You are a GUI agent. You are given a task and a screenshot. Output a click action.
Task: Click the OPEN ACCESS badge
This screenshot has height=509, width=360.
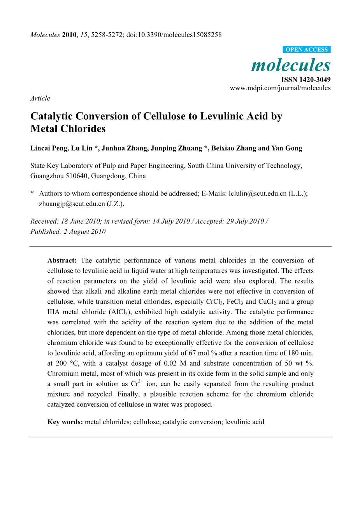pyautogui.click(x=307, y=50)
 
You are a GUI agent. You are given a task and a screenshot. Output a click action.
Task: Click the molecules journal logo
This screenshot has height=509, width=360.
pyautogui.click(x=291, y=65)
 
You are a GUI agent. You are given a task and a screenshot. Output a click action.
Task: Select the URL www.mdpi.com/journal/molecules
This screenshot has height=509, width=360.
pyautogui.click(x=280, y=88)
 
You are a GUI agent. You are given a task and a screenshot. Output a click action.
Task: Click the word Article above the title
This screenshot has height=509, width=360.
pyautogui.click(x=40, y=98)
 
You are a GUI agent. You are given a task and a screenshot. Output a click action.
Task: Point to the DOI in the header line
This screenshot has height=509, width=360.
pyautogui.click(x=174, y=35)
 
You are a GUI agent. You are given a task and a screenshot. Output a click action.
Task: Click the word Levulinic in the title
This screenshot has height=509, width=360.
pyautogui.click(x=223, y=116)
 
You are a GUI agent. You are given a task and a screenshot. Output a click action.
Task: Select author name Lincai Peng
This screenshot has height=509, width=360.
pyautogui.click(x=46, y=148)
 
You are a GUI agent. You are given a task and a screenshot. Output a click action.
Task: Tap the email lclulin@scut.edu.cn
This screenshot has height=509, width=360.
pyautogui.click(x=258, y=194)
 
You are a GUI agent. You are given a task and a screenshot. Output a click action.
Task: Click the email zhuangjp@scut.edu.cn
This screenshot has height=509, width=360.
pyautogui.click(x=72, y=204)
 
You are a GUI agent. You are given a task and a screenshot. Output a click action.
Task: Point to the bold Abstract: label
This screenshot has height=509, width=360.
pyautogui.click(x=62, y=261)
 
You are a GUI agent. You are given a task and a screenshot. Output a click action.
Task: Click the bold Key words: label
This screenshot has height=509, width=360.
pyautogui.click(x=65, y=422)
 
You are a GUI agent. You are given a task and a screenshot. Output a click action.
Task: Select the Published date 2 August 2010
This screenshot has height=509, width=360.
pyautogui.click(x=84, y=232)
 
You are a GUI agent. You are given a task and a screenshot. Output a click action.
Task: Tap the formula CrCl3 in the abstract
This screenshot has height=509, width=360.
pyautogui.click(x=214, y=302)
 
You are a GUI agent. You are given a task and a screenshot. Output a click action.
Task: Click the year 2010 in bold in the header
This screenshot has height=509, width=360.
pyautogui.click(x=69, y=35)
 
